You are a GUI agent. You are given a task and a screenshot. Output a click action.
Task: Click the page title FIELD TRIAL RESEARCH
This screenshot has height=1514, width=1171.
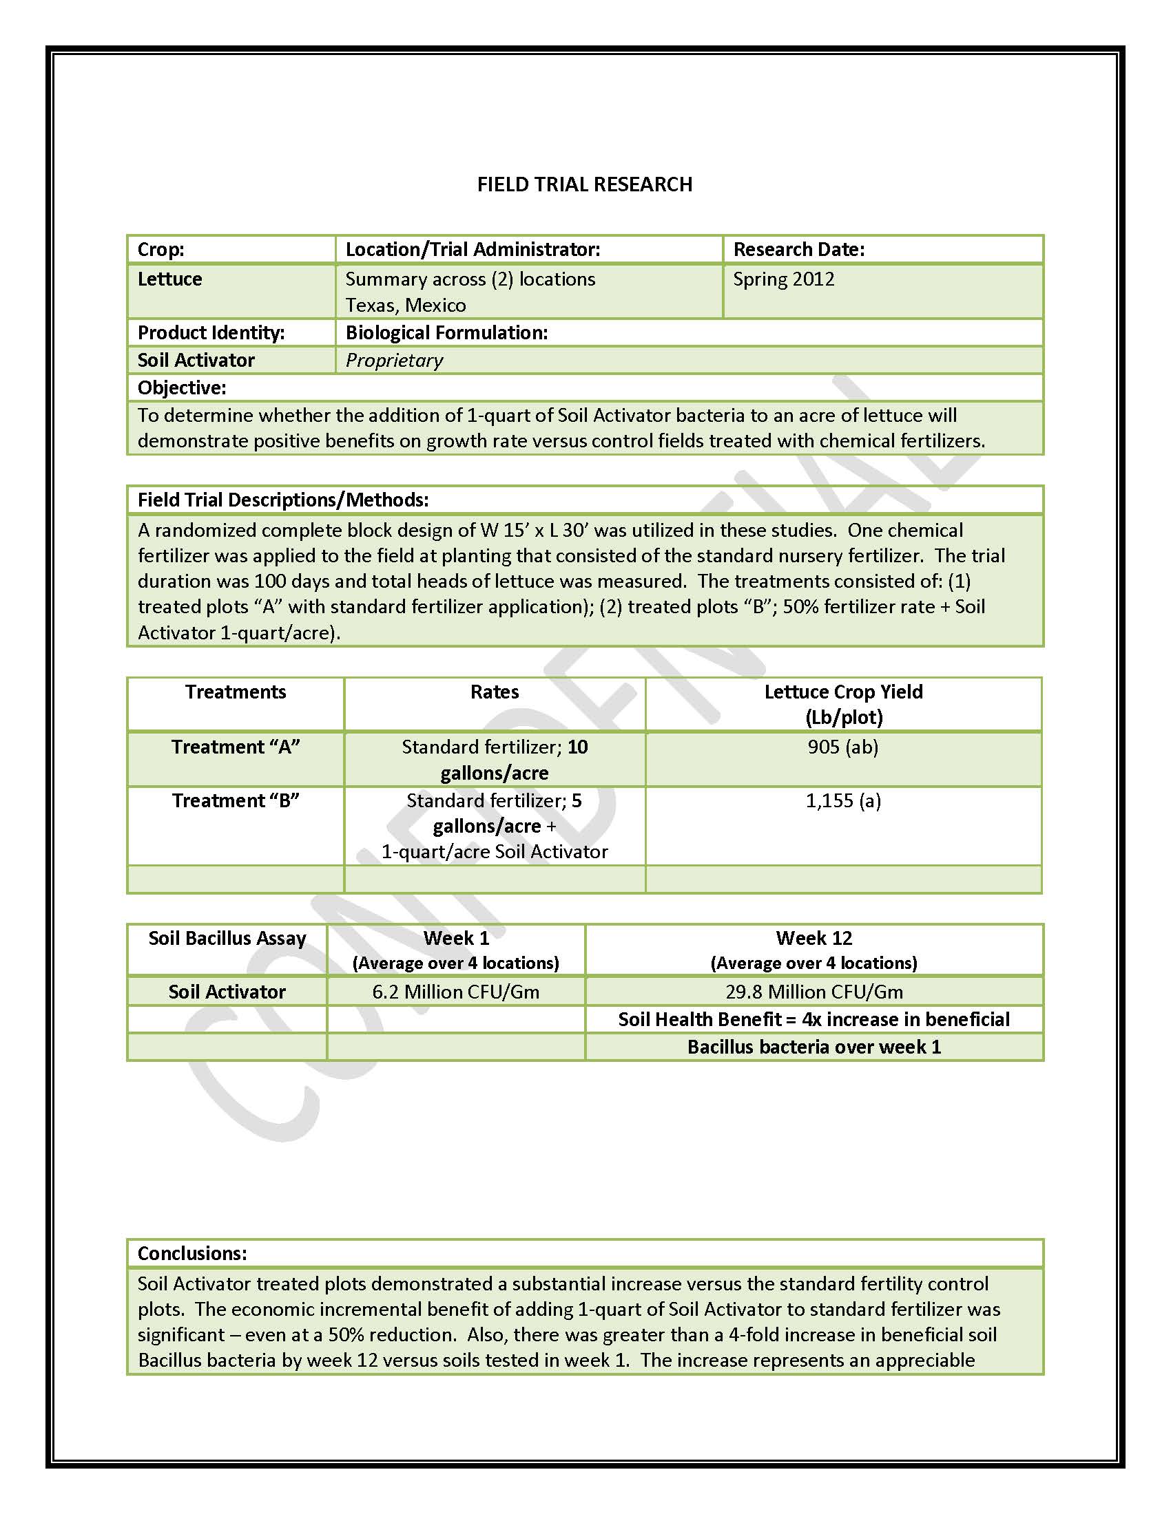pyautogui.click(x=584, y=184)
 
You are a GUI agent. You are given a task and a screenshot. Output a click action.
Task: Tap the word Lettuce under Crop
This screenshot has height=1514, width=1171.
pyautogui.click(x=170, y=279)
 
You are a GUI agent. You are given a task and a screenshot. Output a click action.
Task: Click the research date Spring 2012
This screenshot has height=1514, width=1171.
pyautogui.click(x=783, y=279)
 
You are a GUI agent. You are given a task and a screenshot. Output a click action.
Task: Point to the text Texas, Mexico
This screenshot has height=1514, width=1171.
pyautogui.click(x=406, y=306)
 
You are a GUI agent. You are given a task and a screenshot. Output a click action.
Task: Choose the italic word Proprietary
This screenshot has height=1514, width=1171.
pyautogui.click(x=394, y=361)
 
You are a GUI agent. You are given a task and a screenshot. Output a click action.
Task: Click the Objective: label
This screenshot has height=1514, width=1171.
pyautogui.click(x=182, y=388)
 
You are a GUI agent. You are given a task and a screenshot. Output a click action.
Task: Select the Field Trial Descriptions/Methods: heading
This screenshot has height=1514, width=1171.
pyautogui.click(x=283, y=500)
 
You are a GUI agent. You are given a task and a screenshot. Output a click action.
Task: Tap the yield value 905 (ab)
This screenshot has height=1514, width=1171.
pyautogui.click(x=843, y=747)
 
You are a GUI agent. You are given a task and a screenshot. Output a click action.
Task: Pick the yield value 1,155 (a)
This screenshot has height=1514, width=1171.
pyautogui.click(x=843, y=800)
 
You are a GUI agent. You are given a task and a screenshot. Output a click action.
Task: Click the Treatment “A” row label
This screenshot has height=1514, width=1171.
pyautogui.click(x=235, y=747)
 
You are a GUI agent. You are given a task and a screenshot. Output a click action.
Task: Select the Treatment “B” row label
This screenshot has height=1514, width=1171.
pyautogui.click(x=235, y=800)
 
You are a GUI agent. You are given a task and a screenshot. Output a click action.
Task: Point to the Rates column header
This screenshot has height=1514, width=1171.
pyautogui.click(x=494, y=692)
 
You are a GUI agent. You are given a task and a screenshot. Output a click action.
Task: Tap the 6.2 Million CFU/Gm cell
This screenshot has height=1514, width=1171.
pyautogui.click(x=456, y=992)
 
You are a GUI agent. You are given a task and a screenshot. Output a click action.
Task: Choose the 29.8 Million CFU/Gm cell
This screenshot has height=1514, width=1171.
pyautogui.click(x=814, y=992)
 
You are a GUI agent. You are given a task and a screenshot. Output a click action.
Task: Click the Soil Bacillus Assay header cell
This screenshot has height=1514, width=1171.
pyautogui.click(x=227, y=939)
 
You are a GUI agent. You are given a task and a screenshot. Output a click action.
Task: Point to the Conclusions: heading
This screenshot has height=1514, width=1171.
pyautogui.click(x=192, y=1253)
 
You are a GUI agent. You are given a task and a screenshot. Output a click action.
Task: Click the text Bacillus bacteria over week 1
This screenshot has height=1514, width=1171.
pyautogui.click(x=814, y=1047)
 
